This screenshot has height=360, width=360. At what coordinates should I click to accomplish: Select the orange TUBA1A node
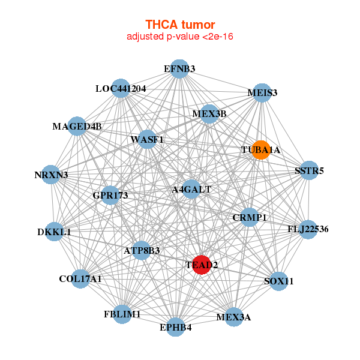pos(260,149)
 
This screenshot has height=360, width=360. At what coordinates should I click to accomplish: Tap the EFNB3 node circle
pos(179,69)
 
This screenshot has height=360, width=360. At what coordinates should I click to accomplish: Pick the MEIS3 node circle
pos(262,93)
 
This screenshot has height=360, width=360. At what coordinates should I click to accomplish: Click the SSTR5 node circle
pos(309,171)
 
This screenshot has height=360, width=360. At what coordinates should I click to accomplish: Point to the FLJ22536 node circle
pos(308,229)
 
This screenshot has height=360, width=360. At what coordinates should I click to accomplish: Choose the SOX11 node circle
pos(278,281)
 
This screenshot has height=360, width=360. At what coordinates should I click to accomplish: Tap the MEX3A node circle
pos(234,316)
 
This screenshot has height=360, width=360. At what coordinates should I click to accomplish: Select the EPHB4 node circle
pos(176,327)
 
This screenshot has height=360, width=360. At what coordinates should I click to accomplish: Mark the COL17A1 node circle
pos(80,278)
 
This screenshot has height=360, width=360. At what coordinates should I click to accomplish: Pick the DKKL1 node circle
pos(54,232)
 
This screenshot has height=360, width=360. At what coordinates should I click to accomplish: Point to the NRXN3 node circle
pos(52,175)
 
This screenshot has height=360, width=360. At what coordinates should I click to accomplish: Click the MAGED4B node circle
pos(77,127)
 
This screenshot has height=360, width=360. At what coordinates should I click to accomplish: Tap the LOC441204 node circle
pos(121,89)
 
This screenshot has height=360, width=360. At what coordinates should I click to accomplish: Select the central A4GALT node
pos(191,190)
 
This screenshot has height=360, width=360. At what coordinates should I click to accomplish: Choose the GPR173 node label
pos(110,195)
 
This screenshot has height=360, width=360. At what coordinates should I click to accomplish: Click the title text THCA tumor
pos(180,25)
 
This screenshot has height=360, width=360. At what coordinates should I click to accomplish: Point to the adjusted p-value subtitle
pos(180,37)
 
